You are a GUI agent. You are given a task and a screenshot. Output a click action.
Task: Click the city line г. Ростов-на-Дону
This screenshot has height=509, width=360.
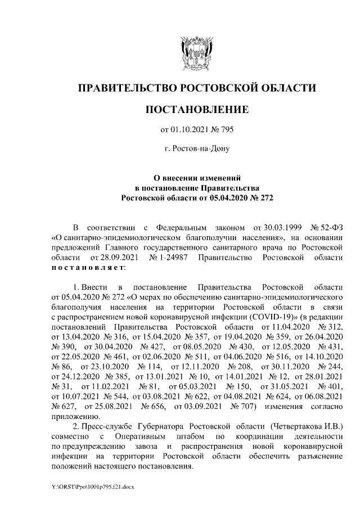196,149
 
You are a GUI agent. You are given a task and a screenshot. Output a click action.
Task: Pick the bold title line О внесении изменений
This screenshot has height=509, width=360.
196,177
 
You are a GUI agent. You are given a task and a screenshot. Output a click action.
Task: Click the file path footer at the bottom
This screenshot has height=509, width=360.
93,485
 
